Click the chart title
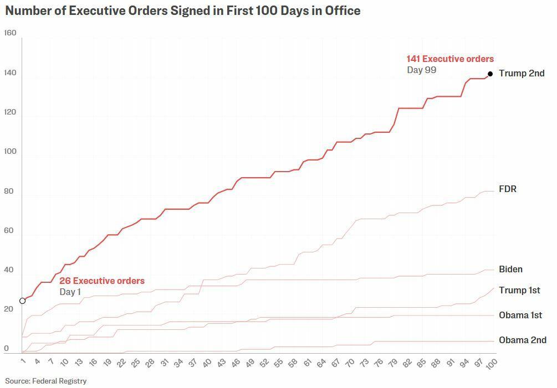pos(183,11)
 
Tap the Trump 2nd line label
pos(521,73)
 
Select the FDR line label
pos(507,189)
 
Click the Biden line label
pos(510,270)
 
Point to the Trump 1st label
pos(519,291)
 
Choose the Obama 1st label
pos(520,315)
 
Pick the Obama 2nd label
pos(522,340)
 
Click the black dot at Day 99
pos(490,74)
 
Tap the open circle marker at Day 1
pos(23,301)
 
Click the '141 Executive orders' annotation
pos(449,59)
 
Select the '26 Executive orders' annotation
pos(102,281)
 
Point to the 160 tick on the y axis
pos(10,33)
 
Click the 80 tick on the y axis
pos(10,192)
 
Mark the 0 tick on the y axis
pos(7,349)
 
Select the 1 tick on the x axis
pos(23,361)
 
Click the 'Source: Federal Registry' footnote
pos(46,381)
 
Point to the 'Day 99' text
pos(421,70)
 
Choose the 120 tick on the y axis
pos(10,112)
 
